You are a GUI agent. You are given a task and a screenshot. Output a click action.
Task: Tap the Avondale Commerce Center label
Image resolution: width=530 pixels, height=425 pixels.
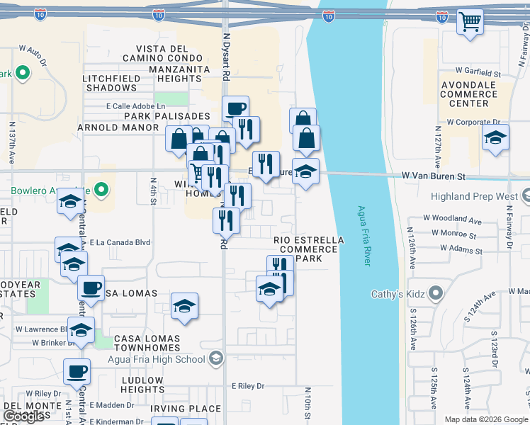point(468,93)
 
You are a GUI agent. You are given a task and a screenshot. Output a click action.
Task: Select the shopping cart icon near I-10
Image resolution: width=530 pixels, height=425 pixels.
point(470,22)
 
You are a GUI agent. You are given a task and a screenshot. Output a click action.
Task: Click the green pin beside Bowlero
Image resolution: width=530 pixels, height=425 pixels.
point(101,190)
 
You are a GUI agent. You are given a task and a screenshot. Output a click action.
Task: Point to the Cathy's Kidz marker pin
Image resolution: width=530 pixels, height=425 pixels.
point(435,293)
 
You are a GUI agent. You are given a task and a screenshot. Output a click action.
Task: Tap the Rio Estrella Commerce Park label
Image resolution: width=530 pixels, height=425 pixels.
point(309,249)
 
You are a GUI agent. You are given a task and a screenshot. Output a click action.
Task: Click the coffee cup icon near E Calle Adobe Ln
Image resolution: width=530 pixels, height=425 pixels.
point(235,108)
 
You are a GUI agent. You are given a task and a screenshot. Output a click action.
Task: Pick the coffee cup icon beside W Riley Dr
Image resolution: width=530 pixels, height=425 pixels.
point(77,370)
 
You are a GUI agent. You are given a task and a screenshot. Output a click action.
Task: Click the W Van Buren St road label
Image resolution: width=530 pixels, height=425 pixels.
point(434,175)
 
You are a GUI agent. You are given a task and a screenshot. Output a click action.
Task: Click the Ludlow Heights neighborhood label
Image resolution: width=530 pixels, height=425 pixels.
point(142,385)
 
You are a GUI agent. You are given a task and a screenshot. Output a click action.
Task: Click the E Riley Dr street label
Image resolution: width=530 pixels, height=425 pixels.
point(247,386)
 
